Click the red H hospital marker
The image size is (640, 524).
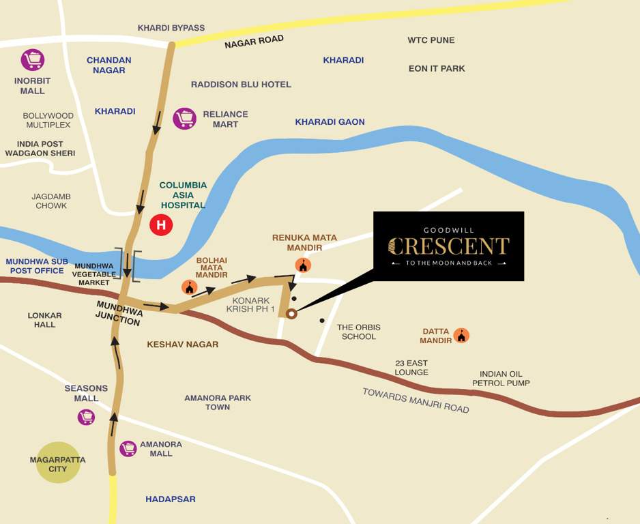pos(161,224)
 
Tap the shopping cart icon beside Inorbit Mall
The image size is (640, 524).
pos(32,59)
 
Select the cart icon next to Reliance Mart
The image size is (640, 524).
pos(184,118)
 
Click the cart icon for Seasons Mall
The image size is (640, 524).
pos(86,416)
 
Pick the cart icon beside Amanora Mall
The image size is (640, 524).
pos(128,448)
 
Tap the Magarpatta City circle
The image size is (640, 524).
pos(58,463)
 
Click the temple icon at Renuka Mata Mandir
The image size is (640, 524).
pos(303,265)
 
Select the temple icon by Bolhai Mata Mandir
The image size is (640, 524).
pos(189,287)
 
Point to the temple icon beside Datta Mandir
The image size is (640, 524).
pos(462,335)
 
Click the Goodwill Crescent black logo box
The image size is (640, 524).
pos(448,246)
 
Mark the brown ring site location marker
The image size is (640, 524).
pos(291,314)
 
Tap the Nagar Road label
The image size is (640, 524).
pos(254,42)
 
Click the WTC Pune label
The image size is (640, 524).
pos(431,40)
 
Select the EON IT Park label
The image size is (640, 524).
pos(437,69)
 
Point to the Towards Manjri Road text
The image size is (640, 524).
pos(416,400)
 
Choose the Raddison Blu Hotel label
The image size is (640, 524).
pos(241,85)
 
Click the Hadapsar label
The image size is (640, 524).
pos(170,499)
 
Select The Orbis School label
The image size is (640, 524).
pos(359,332)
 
